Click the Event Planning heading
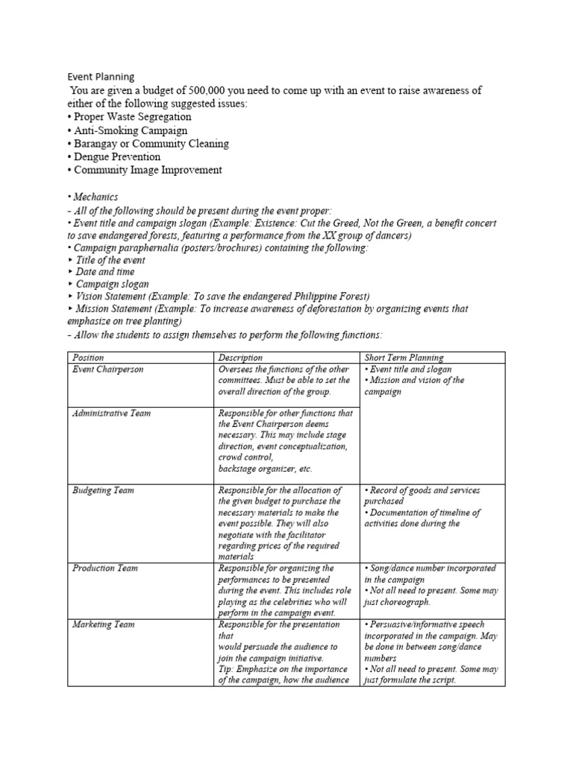101,76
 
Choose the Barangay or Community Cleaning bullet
148,144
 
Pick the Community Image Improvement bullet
144,170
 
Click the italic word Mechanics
95,197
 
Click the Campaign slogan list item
112,284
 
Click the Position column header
88,358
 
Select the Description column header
240,358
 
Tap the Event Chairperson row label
107,369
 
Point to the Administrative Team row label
111,413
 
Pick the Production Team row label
105,568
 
